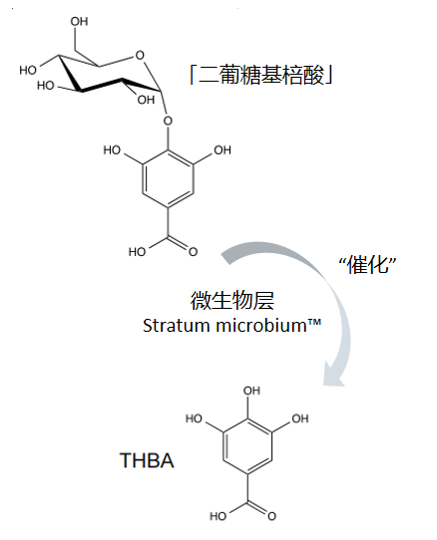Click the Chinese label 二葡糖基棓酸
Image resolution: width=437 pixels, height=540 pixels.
261,75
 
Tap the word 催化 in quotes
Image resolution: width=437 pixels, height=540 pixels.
367,266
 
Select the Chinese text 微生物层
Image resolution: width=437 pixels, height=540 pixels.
232,300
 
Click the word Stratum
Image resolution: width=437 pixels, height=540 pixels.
177,325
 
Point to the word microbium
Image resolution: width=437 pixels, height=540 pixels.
261,325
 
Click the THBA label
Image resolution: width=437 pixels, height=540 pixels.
147,460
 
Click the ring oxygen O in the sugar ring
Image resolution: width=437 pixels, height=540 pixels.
140,55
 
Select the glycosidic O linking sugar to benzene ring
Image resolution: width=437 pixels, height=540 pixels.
168,121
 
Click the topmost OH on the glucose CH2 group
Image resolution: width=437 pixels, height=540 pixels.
80,21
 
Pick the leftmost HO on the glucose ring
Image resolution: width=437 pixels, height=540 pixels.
28,71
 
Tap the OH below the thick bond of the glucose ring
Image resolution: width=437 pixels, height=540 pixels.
146,100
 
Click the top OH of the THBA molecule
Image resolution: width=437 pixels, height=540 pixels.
251,391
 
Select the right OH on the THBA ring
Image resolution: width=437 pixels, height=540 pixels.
300,418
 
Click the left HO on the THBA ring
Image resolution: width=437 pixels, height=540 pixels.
194,418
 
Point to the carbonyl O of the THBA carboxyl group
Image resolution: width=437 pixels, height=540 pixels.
271,516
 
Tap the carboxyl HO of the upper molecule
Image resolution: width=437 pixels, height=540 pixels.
137,252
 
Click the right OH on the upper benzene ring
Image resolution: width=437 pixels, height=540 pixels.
222,150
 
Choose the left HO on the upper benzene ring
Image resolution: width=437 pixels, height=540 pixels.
112,150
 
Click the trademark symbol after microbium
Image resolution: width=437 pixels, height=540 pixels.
314,322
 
